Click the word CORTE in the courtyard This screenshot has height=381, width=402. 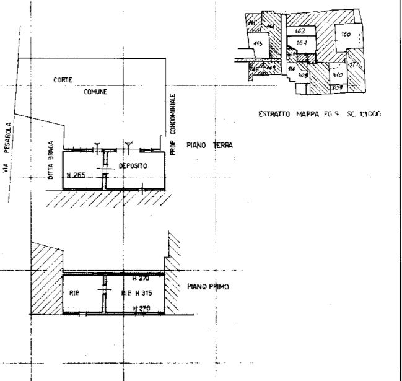click(63, 80)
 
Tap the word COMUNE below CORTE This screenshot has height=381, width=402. click(95, 91)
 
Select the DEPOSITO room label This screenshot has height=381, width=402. click(131, 166)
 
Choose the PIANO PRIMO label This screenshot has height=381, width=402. click(208, 287)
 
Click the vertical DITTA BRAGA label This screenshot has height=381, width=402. click(50, 160)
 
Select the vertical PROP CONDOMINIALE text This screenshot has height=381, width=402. click(174, 125)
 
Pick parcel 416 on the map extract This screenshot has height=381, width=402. click(258, 44)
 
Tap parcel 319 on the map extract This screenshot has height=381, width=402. click(338, 74)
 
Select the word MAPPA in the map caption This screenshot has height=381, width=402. click(308, 114)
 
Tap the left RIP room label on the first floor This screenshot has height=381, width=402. click(73, 292)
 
